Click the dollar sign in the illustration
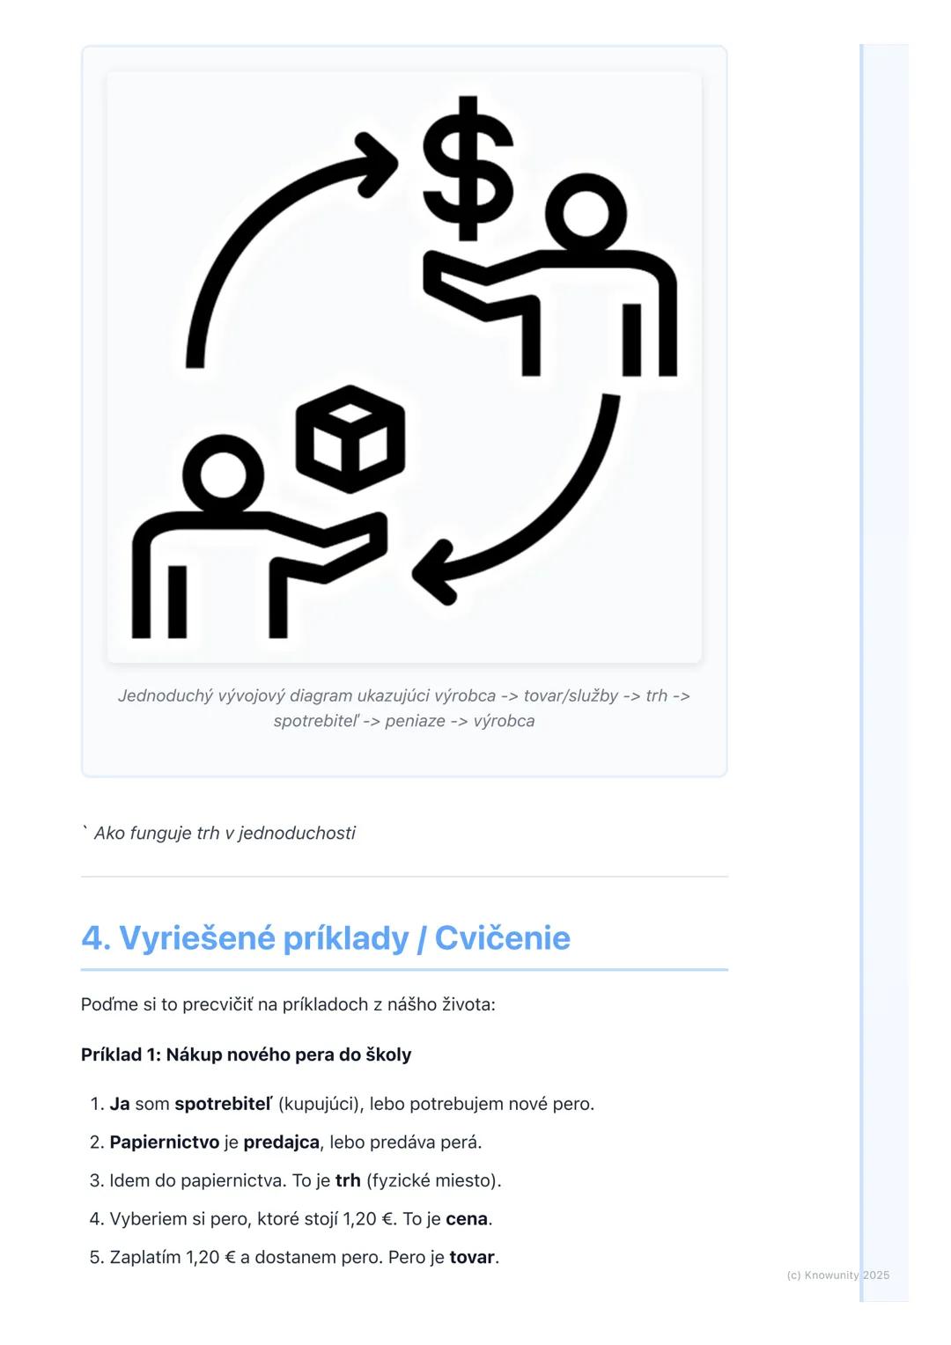click(468, 168)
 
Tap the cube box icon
click(350, 438)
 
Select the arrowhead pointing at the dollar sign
click(379, 164)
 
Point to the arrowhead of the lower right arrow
click(433, 574)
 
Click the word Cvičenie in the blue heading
click(502, 937)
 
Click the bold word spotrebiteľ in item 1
click(223, 1104)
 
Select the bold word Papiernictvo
click(164, 1143)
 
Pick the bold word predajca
click(281, 1143)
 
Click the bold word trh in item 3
click(348, 1180)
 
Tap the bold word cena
click(466, 1219)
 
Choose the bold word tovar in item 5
click(471, 1257)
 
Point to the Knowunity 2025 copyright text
click(837, 1275)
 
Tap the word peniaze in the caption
click(415, 721)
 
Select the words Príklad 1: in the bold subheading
click(120, 1055)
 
